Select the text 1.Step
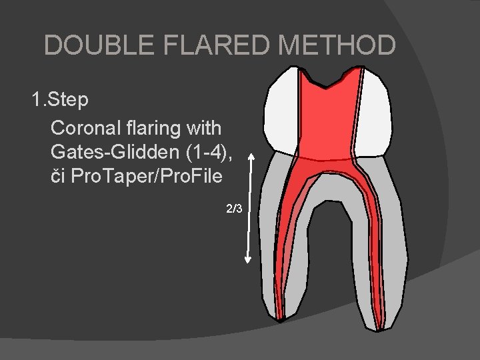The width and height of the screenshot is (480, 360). [x=60, y=101]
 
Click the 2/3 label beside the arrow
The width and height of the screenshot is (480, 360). [x=233, y=209]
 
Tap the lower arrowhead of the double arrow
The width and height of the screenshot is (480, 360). [x=249, y=265]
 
